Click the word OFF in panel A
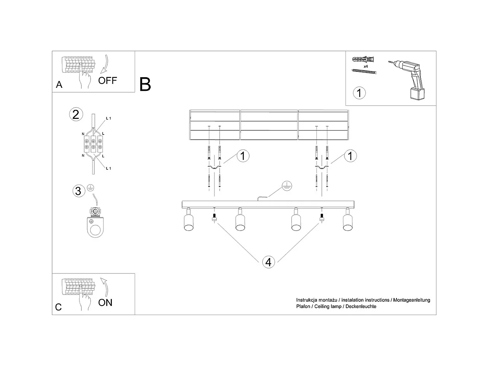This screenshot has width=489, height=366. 108,81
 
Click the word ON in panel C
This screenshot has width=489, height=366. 105,303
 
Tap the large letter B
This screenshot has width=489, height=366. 145,84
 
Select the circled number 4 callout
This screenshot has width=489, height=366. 268,262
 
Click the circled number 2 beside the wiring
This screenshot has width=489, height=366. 76,114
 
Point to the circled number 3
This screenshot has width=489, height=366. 78,191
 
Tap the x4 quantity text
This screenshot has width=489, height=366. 365,67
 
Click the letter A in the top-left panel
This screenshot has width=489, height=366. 59,85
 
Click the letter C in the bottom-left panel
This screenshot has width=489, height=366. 58,307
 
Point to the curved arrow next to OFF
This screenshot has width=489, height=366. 105,64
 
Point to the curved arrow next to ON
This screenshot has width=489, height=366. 104,286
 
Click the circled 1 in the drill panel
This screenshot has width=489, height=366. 359,93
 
